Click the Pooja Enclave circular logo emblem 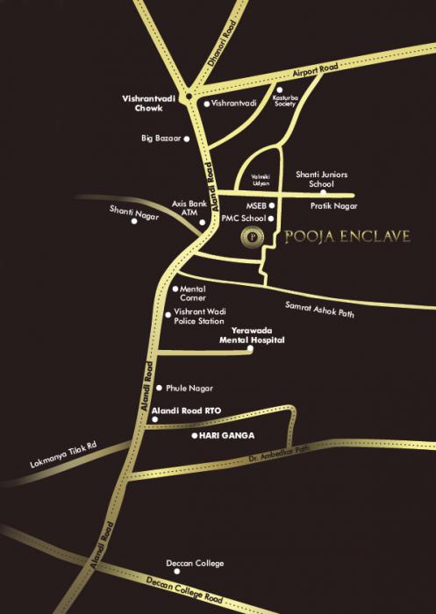[x=253, y=237]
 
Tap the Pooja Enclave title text [x=348, y=237]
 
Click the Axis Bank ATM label [x=188, y=208]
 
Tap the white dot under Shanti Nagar [x=134, y=221]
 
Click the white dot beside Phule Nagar [x=158, y=388]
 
